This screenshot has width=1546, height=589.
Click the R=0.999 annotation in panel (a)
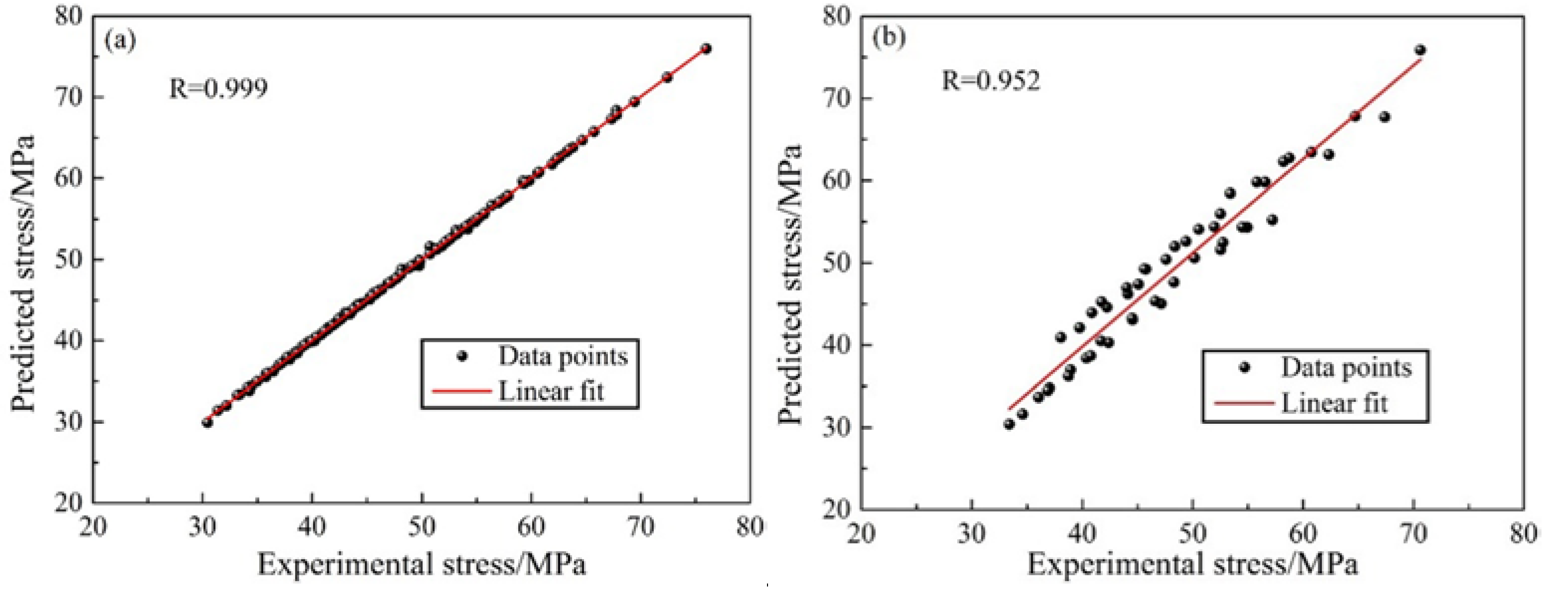tap(218, 89)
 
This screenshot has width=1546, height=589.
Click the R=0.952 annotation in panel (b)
tap(991, 80)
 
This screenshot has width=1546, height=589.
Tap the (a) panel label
tap(120, 41)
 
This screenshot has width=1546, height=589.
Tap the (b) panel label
tap(889, 38)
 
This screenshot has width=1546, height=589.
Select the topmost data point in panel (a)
tap(706, 48)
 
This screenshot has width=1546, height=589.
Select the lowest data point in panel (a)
tap(207, 423)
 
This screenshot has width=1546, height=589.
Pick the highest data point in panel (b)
tap(1420, 50)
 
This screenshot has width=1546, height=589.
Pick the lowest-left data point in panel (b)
tap(1009, 424)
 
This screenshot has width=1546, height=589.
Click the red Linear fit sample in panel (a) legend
tap(461, 391)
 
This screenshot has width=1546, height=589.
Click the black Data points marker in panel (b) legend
tap(1244, 367)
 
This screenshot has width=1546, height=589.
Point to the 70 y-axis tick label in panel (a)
tap(68, 97)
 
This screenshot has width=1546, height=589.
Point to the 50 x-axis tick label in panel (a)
tap(422, 527)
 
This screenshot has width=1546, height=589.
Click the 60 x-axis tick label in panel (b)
tap(1303, 533)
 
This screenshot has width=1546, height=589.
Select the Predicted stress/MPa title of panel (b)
tap(790, 284)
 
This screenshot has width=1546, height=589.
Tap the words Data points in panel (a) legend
tap(563, 356)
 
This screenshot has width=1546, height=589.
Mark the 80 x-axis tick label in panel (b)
tap(1523, 533)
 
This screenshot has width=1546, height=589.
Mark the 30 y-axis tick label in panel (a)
tap(68, 422)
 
